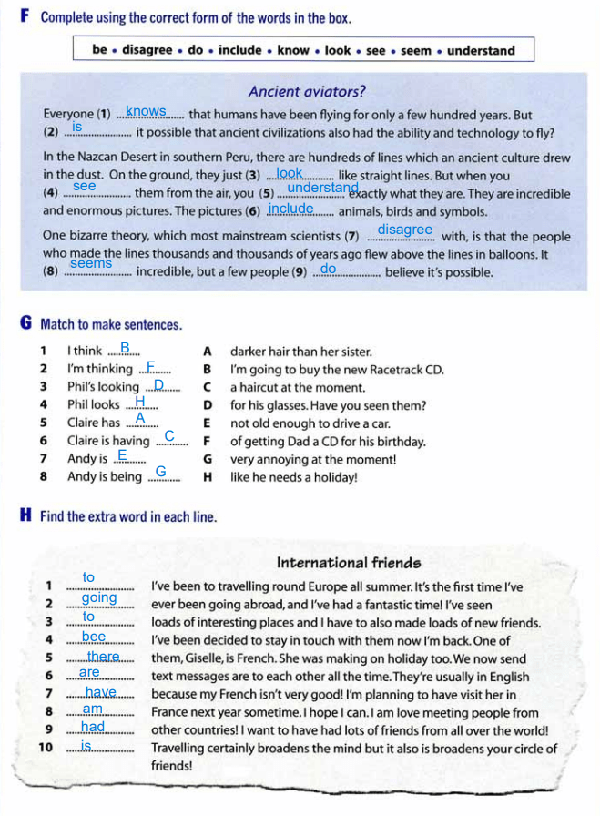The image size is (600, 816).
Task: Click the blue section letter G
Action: [x=24, y=323]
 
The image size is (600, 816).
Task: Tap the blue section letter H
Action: [x=25, y=516]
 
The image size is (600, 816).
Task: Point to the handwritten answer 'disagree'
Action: [x=404, y=229]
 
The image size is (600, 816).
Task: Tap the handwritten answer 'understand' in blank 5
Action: [x=322, y=188]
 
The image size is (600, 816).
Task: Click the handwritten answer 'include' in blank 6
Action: [x=290, y=209]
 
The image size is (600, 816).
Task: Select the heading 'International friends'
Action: [x=349, y=563]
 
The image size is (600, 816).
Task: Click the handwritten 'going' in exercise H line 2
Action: [x=99, y=597]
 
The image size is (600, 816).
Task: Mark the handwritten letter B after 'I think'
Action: [x=126, y=346]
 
